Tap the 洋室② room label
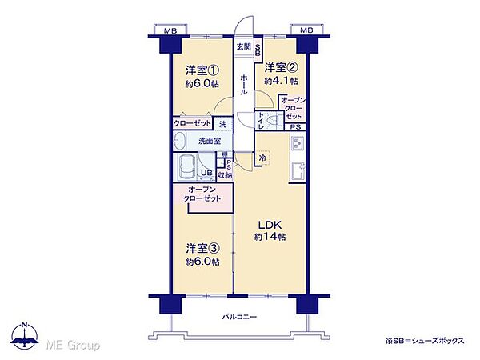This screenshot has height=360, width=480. click(x=282, y=68)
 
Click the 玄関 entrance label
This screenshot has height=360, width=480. click(x=243, y=46)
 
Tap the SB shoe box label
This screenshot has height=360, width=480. click(x=258, y=49)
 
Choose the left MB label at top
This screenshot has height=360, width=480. click(x=170, y=30)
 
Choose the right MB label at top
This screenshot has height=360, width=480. click(x=306, y=30)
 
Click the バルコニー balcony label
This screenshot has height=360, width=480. click(x=240, y=318)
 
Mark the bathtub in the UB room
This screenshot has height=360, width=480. click(x=186, y=168)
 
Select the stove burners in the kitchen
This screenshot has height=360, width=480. click(x=298, y=145)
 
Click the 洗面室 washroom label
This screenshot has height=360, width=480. click(x=210, y=141)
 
